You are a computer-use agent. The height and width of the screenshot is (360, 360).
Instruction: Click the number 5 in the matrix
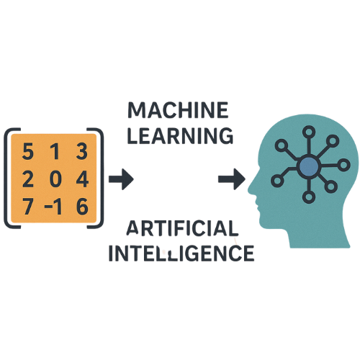pos(27,151)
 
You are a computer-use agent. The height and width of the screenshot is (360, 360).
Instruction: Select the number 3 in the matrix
pos(82,151)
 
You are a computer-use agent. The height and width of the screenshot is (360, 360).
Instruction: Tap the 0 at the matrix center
pos(55,179)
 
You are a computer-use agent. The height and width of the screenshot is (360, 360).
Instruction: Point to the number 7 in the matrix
pos(28,207)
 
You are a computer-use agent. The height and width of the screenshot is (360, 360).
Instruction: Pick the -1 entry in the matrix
pos(53,207)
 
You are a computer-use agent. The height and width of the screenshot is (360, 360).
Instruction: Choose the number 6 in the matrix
pos(82,207)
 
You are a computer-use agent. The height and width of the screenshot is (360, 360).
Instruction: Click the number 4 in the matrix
pos(82,179)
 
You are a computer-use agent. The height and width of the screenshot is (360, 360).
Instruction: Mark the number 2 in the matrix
pos(28,179)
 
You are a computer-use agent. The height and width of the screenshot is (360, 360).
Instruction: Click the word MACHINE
pos(178,110)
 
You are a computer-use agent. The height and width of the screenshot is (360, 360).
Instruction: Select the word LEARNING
pos(180,136)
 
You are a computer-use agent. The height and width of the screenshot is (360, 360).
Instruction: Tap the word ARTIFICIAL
pos(182,228)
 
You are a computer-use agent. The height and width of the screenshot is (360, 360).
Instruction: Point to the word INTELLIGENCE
pos(181,253)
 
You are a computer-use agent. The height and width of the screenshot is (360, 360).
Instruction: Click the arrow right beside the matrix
pos(121,179)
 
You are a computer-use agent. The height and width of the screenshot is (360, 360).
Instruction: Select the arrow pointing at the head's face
pos(232,179)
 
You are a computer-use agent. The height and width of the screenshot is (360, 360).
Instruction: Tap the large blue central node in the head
pos(309,166)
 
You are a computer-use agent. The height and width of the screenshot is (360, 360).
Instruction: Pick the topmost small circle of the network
pos(309,132)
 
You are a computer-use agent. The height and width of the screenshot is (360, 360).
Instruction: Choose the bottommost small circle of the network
pos(309,197)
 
